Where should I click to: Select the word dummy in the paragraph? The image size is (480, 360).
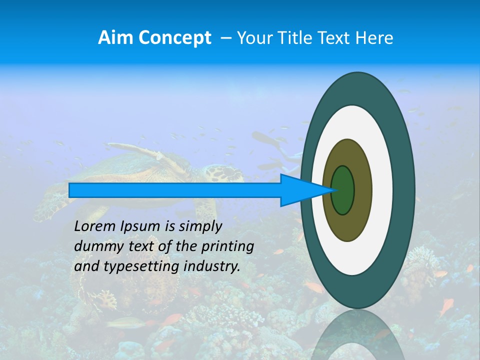click(95, 246)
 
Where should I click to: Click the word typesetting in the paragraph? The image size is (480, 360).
click(142, 266)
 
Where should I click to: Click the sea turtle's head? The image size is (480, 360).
click(218, 173)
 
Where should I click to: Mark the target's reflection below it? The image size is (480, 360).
click(357, 335)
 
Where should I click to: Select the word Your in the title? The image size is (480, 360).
click(253, 37)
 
